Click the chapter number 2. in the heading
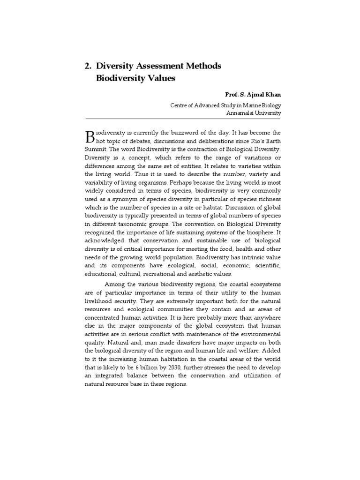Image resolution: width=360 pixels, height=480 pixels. tap(88, 66)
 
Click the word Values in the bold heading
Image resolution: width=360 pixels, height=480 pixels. tap(160, 78)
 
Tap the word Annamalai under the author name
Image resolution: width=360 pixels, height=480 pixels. tap(240, 113)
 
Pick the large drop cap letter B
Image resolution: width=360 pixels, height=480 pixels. tap(90, 136)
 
